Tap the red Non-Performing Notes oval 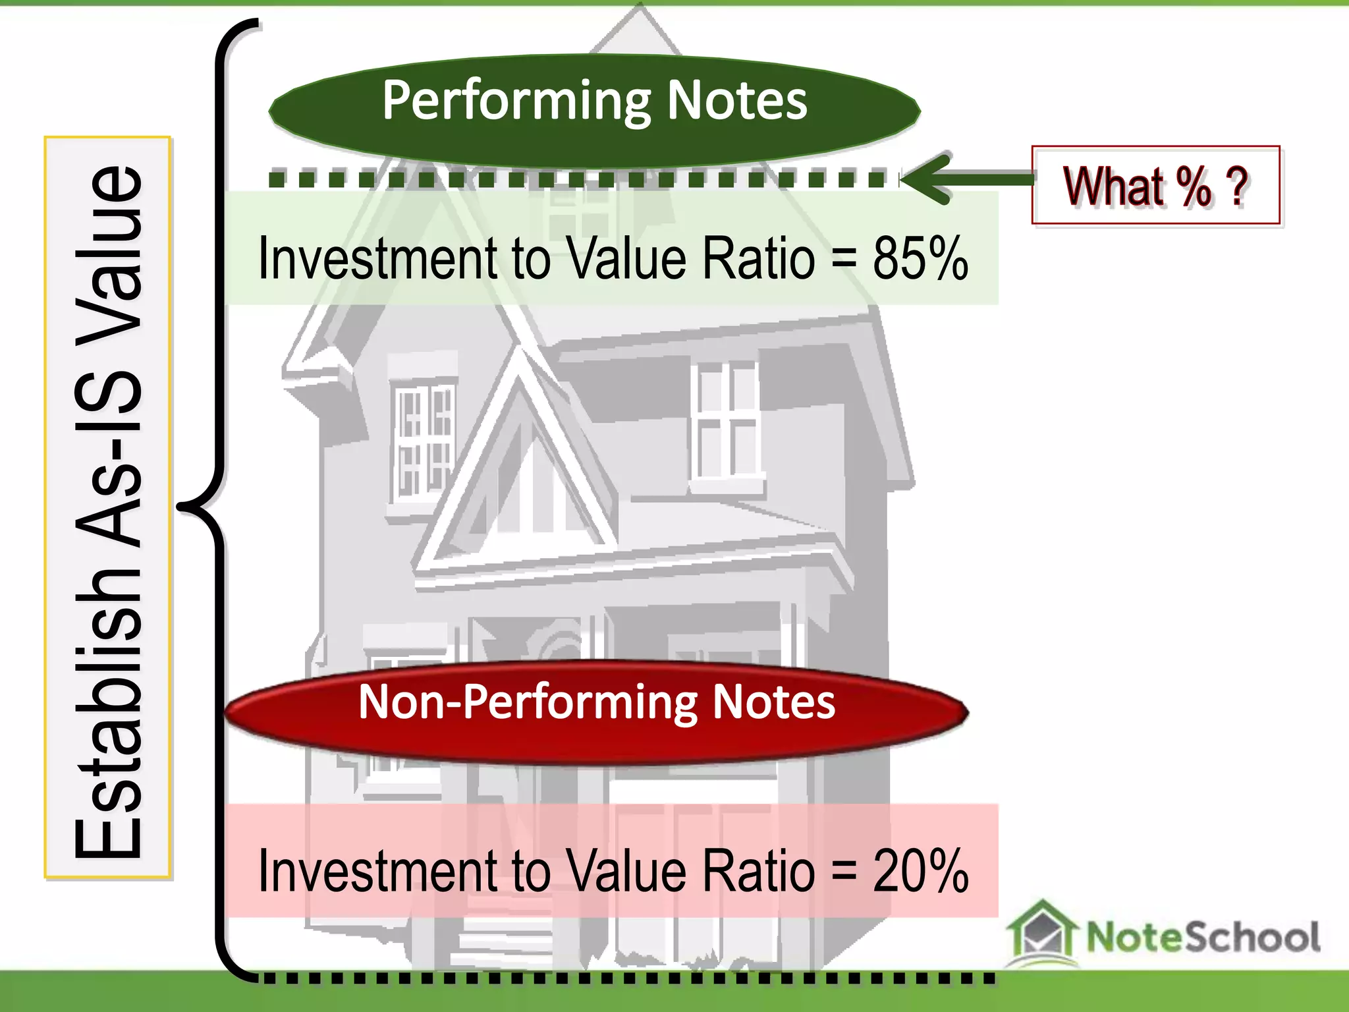(x=596, y=713)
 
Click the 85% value (x=920, y=258)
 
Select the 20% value (x=920, y=871)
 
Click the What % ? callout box (x=1155, y=186)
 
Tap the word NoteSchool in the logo (x=1202, y=937)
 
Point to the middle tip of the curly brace (x=179, y=506)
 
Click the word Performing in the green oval (x=516, y=101)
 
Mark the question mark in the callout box (x=1238, y=186)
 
